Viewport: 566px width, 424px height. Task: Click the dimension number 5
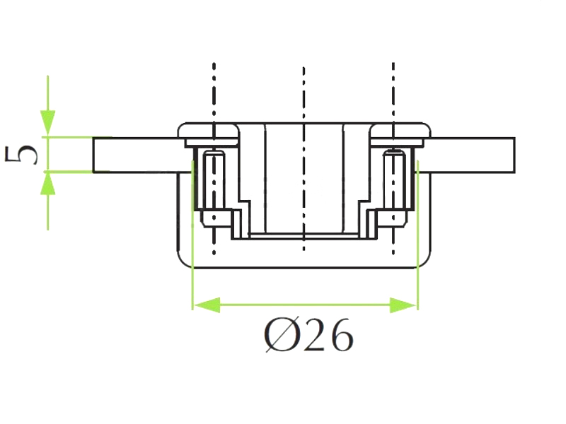(x=21, y=154)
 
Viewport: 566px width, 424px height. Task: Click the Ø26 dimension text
(x=309, y=335)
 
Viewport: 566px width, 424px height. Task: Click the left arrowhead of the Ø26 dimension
(x=207, y=305)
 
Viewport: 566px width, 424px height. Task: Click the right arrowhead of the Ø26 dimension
(x=403, y=305)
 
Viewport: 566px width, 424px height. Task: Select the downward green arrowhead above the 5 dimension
(x=47, y=123)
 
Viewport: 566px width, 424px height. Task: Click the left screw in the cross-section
(x=214, y=189)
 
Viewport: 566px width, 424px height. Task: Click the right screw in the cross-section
(x=394, y=189)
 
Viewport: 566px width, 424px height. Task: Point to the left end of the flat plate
(x=93, y=155)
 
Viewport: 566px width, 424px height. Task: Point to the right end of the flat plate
(x=514, y=155)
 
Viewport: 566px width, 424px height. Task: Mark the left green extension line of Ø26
(x=192, y=235)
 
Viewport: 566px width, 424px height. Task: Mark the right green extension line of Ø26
(x=417, y=235)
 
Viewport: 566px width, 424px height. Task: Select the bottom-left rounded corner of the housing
(x=182, y=262)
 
